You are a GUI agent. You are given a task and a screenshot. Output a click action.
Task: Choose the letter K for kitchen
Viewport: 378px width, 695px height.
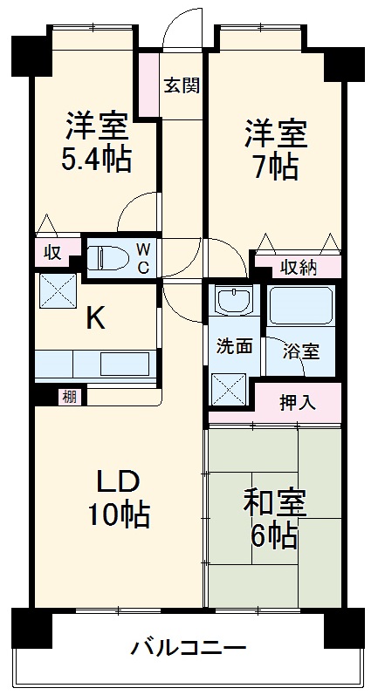(95, 319)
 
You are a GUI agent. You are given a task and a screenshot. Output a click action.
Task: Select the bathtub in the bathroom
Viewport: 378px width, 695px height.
(301, 306)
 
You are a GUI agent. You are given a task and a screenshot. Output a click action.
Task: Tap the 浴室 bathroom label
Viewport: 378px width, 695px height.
(301, 352)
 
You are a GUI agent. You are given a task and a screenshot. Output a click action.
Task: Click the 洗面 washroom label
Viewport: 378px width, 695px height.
(235, 346)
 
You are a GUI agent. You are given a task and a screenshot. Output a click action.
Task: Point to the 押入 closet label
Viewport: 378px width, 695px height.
(298, 402)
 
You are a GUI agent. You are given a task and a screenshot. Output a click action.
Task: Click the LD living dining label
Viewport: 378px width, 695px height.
(117, 482)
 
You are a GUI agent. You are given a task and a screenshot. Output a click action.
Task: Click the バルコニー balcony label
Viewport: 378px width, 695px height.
(189, 648)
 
